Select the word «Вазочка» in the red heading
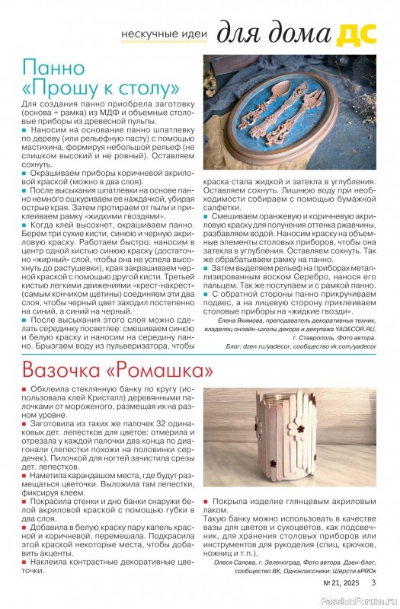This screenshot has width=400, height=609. pos(65,371)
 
